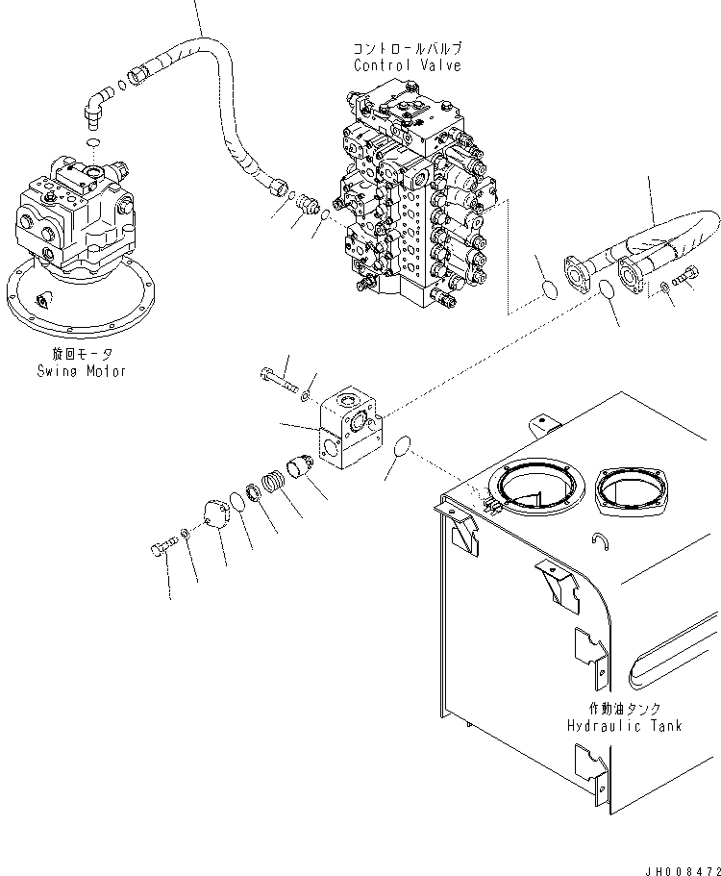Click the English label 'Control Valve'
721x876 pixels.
tap(407, 65)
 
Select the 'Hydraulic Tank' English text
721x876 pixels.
tap(623, 725)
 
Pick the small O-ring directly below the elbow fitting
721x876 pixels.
tap(90, 143)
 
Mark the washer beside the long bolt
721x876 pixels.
tap(305, 391)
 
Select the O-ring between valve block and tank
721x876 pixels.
tap(404, 448)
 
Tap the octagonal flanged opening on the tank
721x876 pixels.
tap(632, 490)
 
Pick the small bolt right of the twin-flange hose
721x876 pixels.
tap(686, 279)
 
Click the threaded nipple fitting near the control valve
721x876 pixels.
tap(308, 206)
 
